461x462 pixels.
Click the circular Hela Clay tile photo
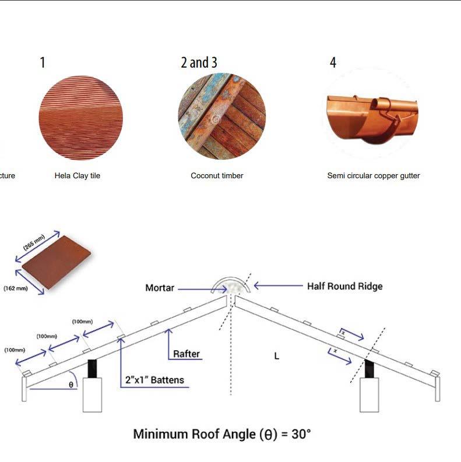pyautogui.click(x=81, y=118)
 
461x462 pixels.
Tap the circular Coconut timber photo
pyautogui.click(x=222, y=117)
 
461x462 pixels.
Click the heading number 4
pyautogui.click(x=333, y=62)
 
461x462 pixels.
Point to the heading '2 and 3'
pyautogui.click(x=199, y=62)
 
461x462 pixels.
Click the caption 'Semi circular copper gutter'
pyautogui.click(x=374, y=175)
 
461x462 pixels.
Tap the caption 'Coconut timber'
pyautogui.click(x=217, y=175)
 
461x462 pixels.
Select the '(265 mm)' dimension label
pyautogui.click(x=34, y=242)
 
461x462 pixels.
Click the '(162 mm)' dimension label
pyautogui.click(x=16, y=288)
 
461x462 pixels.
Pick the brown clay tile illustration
pyautogui.click(x=57, y=262)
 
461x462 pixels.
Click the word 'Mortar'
pyautogui.click(x=160, y=288)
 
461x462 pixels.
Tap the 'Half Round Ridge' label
pyautogui.click(x=345, y=286)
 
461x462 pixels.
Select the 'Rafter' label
pyautogui.click(x=186, y=354)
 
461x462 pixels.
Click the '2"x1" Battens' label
pyautogui.click(x=154, y=380)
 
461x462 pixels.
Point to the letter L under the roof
pyautogui.click(x=276, y=356)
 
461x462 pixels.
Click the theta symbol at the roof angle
pyautogui.click(x=71, y=385)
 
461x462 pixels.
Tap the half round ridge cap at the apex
pyautogui.click(x=231, y=278)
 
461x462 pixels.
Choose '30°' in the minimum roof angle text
pyautogui.click(x=301, y=434)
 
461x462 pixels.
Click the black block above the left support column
pyautogui.click(x=92, y=369)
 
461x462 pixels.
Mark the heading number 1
pyautogui.click(x=43, y=62)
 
